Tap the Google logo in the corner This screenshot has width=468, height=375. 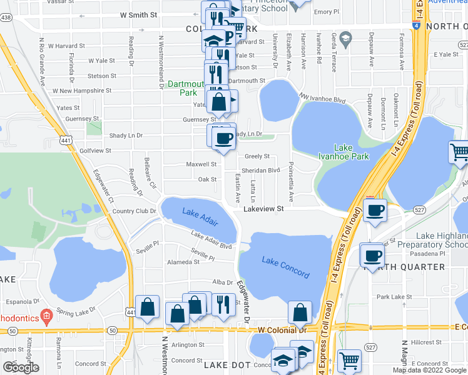(x=21, y=367)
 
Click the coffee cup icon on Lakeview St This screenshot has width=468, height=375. (x=375, y=210)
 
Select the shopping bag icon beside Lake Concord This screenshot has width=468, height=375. (x=300, y=312)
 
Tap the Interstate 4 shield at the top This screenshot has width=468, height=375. (x=416, y=26)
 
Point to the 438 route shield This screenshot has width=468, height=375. (x=6, y=17)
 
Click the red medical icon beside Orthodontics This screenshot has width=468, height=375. (x=45, y=315)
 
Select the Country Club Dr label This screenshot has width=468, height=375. (x=134, y=211)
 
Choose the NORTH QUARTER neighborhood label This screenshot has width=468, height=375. (x=407, y=267)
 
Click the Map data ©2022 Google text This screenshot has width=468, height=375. (x=429, y=370)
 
